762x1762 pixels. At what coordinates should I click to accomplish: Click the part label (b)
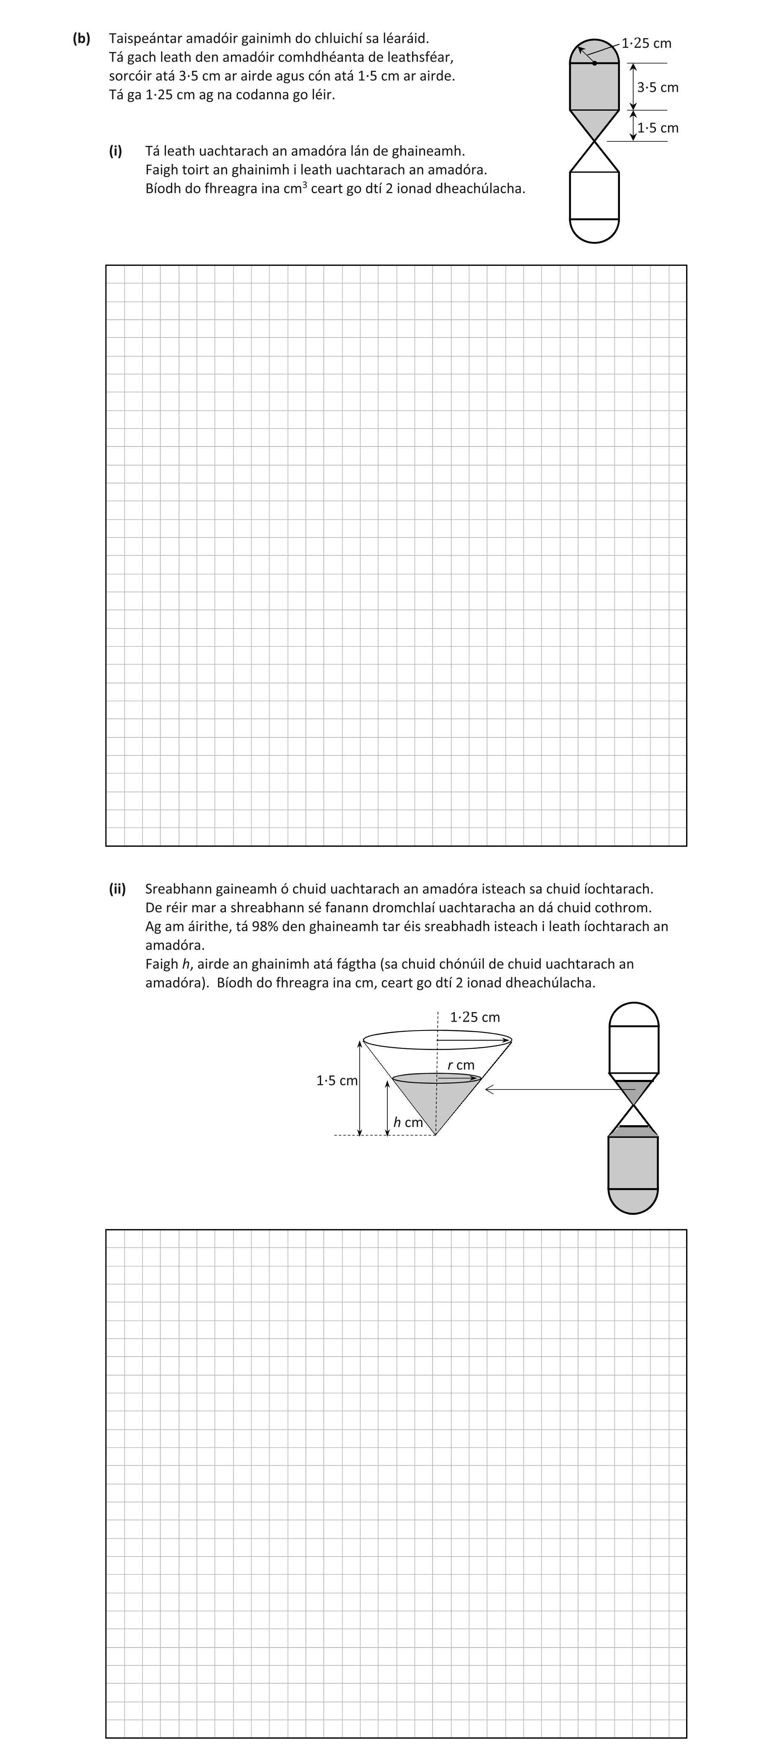click(81, 39)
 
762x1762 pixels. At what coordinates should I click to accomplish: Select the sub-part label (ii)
click(117, 889)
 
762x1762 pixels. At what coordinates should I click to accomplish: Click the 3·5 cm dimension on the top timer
click(657, 88)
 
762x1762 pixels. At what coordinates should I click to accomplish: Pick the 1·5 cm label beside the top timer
click(657, 128)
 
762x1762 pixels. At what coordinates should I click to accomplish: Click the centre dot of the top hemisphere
click(594, 63)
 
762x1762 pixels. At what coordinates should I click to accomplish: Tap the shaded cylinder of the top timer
click(594, 87)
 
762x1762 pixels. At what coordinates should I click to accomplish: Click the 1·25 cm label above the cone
click(475, 1017)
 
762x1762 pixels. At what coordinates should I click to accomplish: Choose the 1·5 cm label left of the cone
click(337, 1081)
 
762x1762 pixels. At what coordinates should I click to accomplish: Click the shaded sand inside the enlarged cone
click(436, 1101)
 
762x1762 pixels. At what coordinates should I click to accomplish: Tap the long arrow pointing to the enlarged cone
click(561, 1089)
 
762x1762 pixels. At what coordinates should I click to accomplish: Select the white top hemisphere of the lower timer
click(633, 1015)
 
